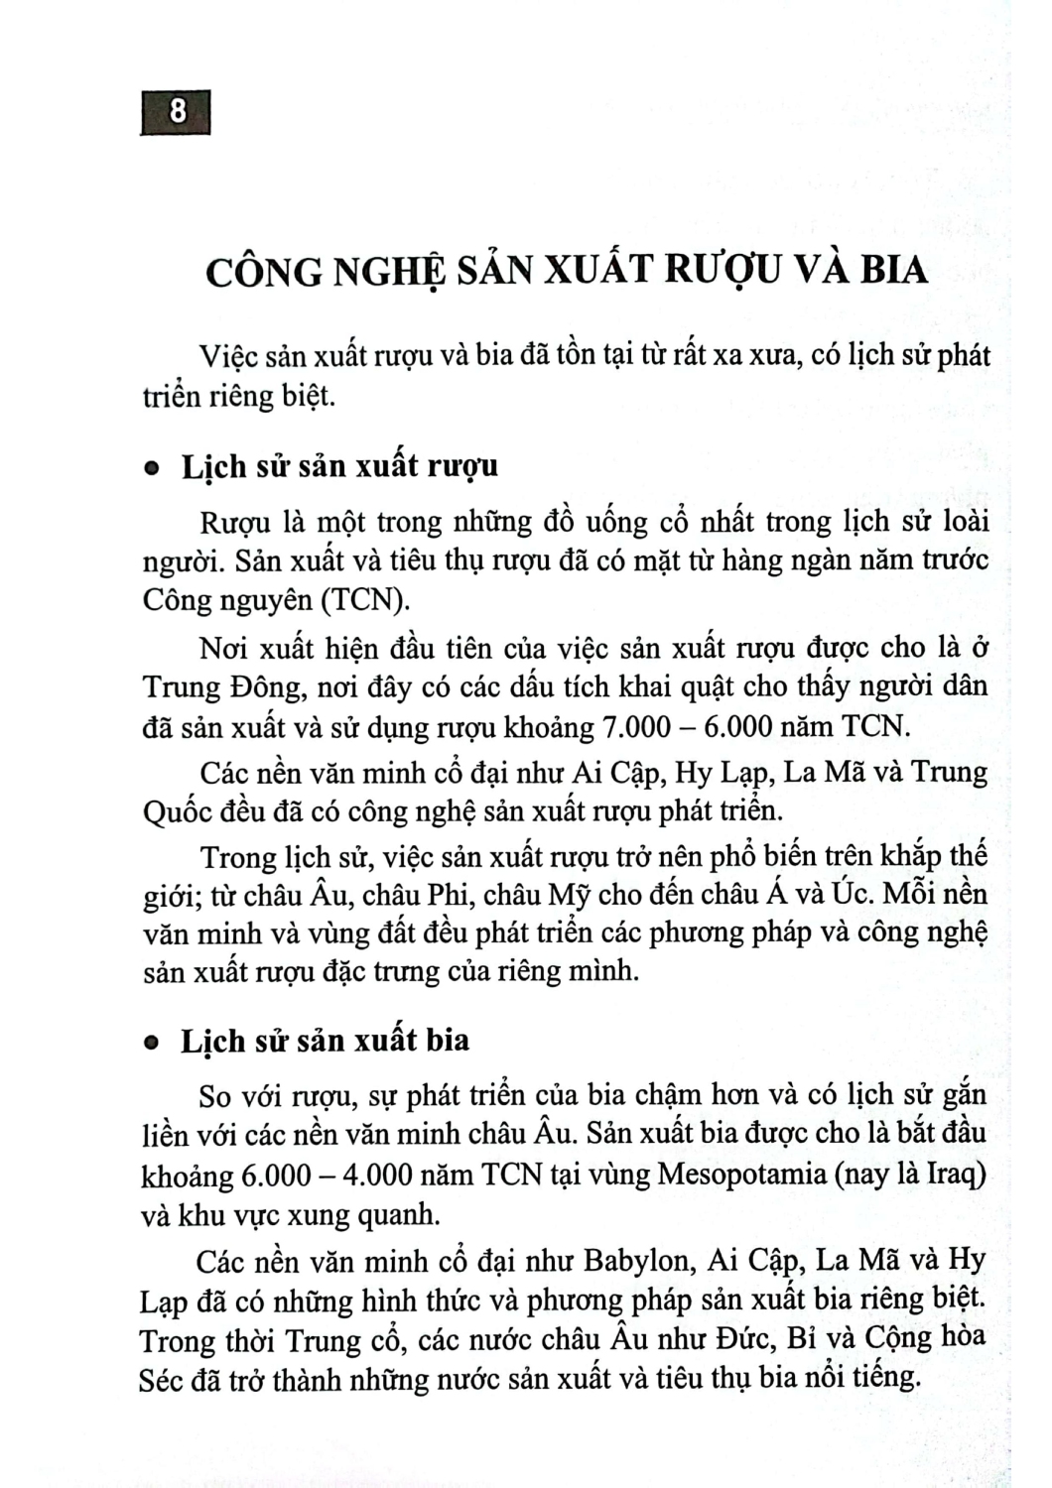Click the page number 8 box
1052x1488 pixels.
coord(177,111)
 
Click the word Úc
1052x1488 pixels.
coord(853,894)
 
